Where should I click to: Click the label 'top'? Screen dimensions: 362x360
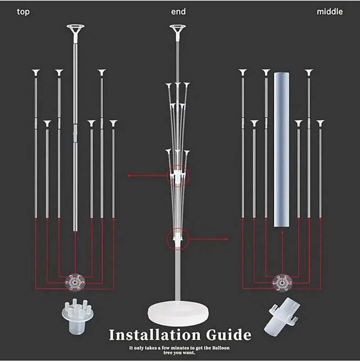pos(23,11)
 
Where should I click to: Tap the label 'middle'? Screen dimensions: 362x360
pos(329,11)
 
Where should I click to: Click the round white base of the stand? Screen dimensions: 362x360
pos(178,313)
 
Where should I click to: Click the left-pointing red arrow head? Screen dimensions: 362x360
pos(130,175)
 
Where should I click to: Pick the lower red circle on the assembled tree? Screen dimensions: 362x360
pos(177,238)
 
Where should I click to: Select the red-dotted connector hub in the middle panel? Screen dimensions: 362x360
pos(282,280)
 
